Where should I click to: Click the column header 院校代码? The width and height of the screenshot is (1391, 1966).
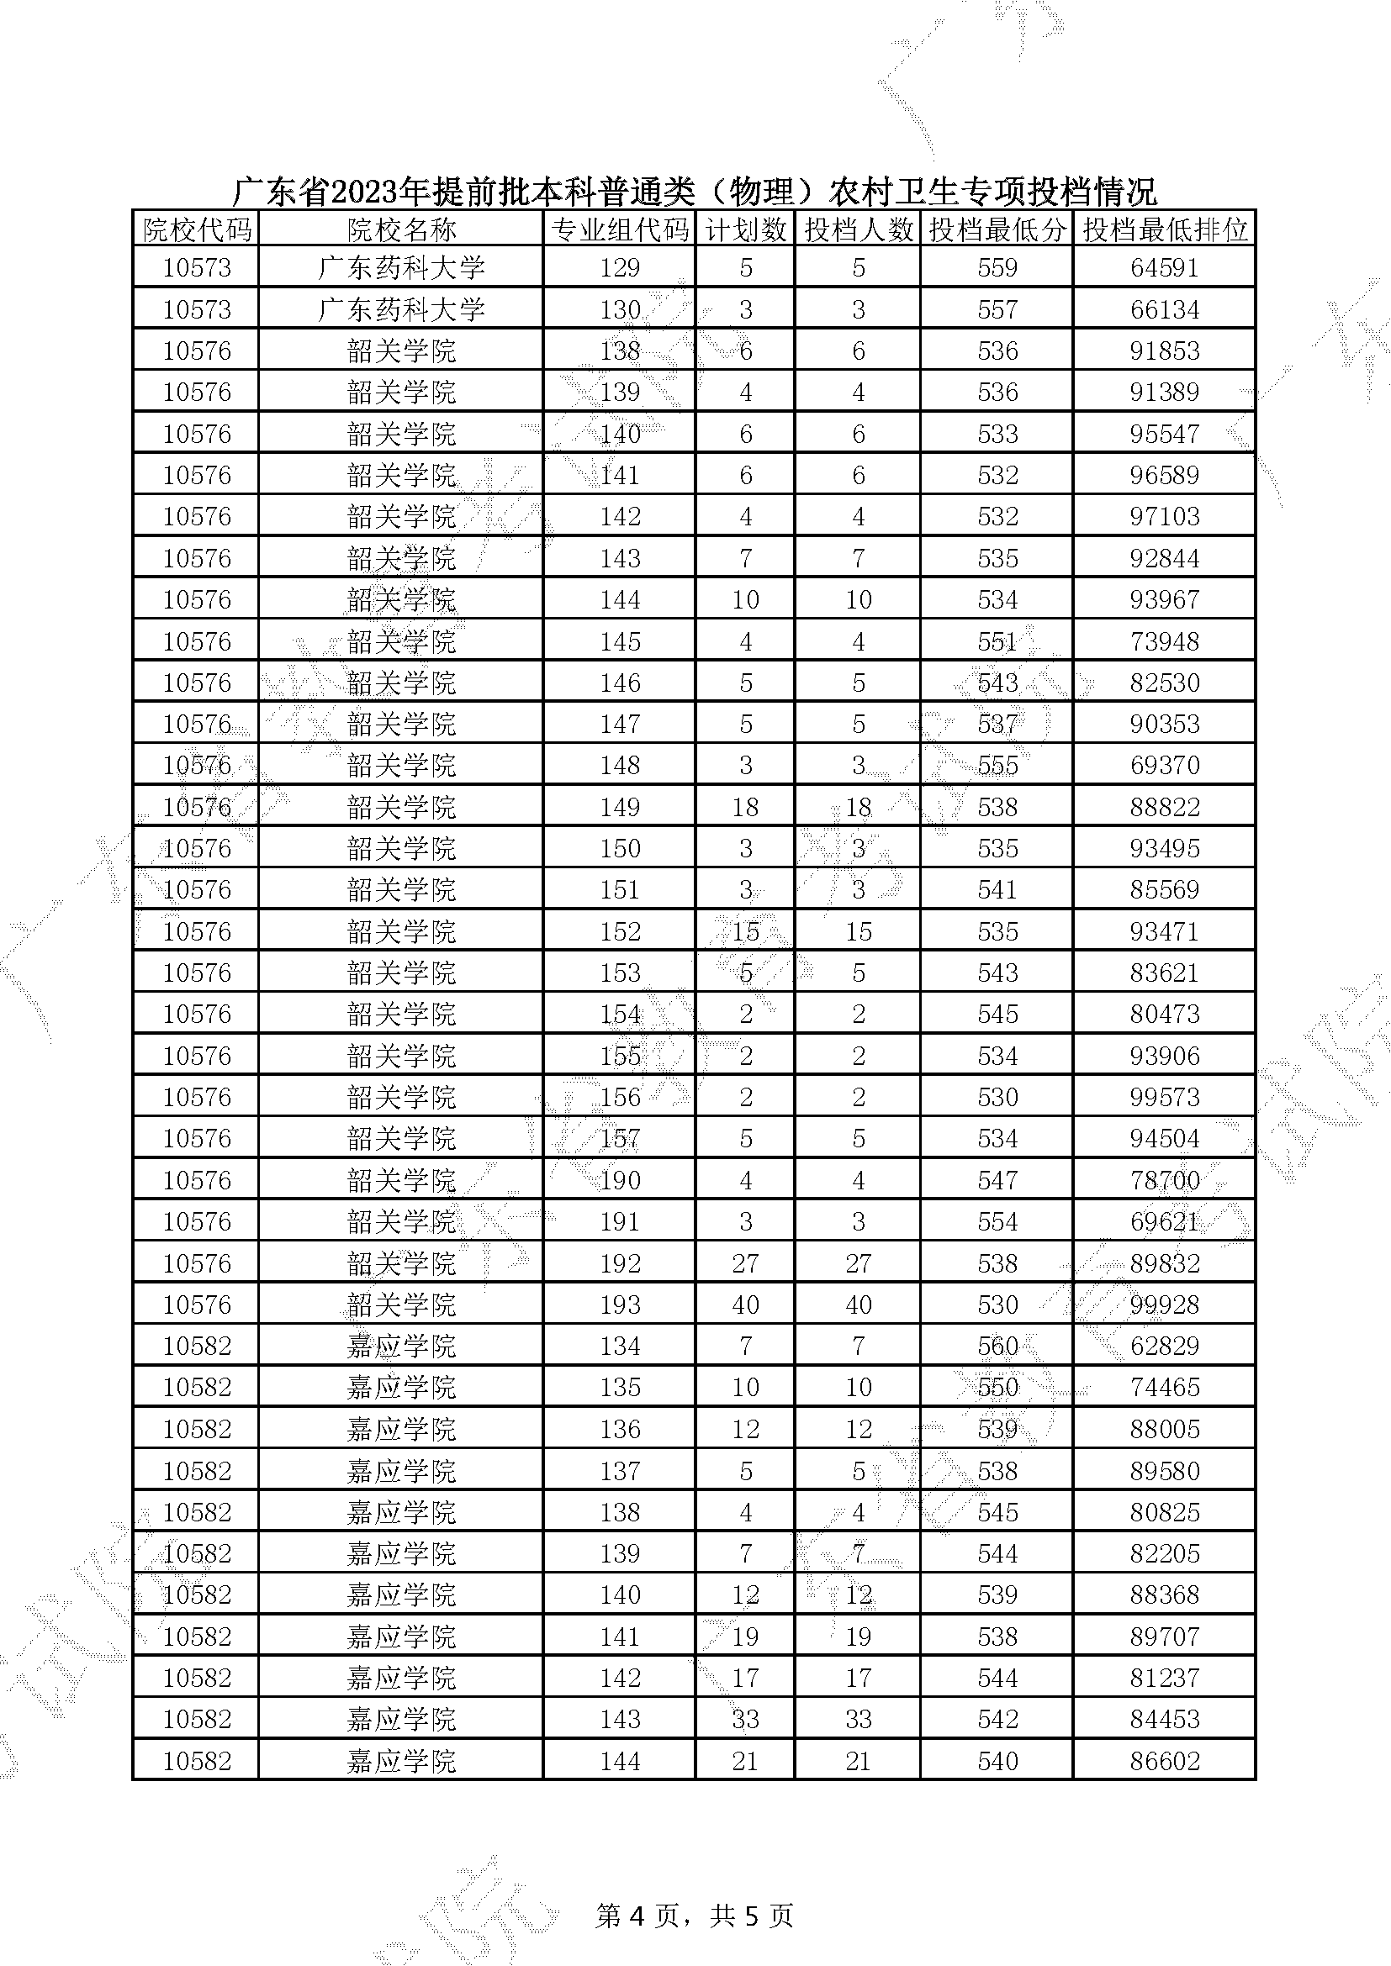pyautogui.click(x=196, y=229)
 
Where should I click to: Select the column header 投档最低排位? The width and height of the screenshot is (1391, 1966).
pyautogui.click(x=1164, y=229)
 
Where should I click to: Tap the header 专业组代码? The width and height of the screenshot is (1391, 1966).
pyautogui.click(x=619, y=229)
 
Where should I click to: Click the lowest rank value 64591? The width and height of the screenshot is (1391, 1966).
pyautogui.click(x=1164, y=268)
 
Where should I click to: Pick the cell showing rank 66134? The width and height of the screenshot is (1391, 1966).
pyautogui.click(x=1164, y=309)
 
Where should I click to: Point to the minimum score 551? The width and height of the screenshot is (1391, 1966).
pyautogui.click(x=997, y=641)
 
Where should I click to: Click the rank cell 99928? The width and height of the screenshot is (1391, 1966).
pyautogui.click(x=1164, y=1305)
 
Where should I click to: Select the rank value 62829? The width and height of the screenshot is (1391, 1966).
pyautogui.click(x=1164, y=1346)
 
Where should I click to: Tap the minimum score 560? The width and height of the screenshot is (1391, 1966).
pyautogui.click(x=997, y=1346)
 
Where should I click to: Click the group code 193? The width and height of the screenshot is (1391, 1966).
pyautogui.click(x=619, y=1305)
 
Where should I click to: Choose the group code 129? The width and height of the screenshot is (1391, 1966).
pyautogui.click(x=619, y=268)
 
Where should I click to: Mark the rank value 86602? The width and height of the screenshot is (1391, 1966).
pyautogui.click(x=1164, y=1762)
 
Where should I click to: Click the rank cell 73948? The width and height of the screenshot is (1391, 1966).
pyautogui.click(x=1164, y=641)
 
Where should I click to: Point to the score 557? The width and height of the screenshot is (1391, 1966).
pyautogui.click(x=997, y=309)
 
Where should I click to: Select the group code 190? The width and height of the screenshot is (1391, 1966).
pyautogui.click(x=619, y=1180)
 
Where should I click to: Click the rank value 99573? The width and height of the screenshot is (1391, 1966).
pyautogui.click(x=1164, y=1097)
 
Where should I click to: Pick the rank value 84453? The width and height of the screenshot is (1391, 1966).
pyautogui.click(x=1164, y=1720)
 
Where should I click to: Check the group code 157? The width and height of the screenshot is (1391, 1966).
pyautogui.click(x=619, y=1139)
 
